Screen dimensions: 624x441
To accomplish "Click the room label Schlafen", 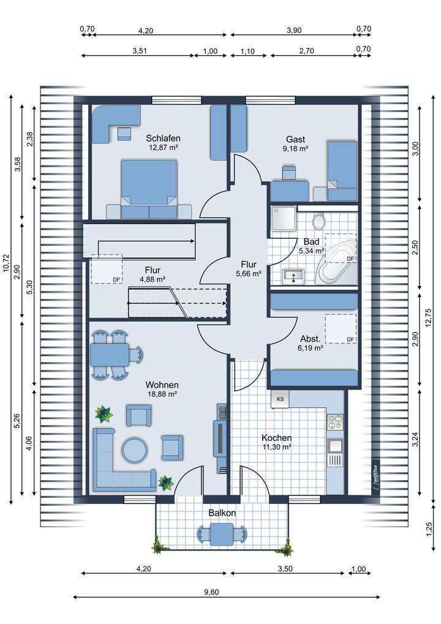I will click(163, 138).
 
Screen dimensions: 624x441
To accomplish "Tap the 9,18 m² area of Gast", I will click(295, 148).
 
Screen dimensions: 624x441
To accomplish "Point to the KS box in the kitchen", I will click(280, 399).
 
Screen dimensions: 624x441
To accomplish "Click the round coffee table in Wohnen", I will click(134, 450).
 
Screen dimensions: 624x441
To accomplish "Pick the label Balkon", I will click(222, 513).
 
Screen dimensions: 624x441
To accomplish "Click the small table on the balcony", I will click(222, 535).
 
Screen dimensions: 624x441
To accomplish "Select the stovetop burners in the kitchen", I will click(335, 422).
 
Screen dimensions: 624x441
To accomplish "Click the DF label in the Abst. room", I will click(350, 339).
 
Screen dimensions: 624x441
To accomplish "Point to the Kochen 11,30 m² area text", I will click(276, 442).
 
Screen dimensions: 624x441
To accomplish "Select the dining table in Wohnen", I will click(110, 354).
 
